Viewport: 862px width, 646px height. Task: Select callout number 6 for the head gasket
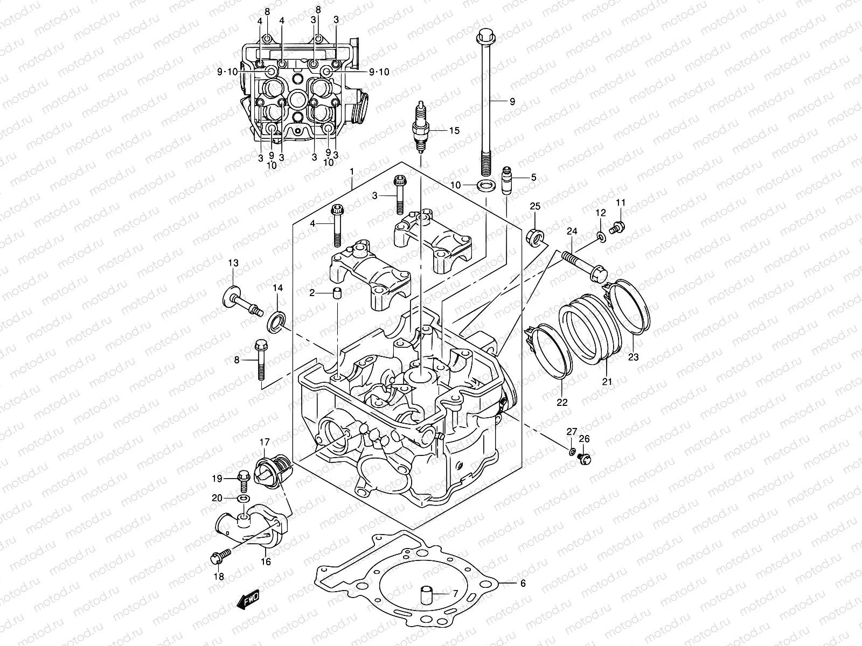tap(522, 583)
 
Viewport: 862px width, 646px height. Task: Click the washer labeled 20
tap(242, 499)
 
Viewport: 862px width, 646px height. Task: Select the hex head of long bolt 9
tap(484, 37)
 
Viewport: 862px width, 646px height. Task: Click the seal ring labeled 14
tap(277, 321)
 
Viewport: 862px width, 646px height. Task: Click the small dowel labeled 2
tap(337, 293)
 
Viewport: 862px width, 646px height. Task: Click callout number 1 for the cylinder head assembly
tap(351, 171)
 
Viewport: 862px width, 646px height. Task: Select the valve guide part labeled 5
tap(506, 183)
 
